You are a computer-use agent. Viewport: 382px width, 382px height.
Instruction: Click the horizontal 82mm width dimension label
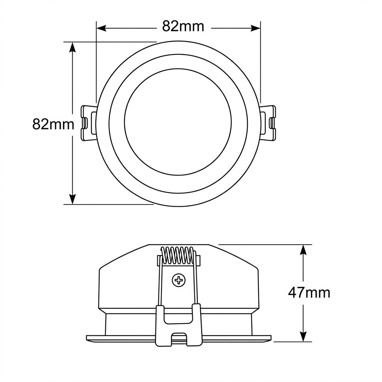click(183, 26)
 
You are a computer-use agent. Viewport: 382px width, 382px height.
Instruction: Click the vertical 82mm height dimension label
click(53, 124)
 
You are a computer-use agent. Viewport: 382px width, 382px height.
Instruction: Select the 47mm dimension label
click(309, 293)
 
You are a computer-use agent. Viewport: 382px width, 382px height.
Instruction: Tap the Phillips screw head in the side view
click(179, 280)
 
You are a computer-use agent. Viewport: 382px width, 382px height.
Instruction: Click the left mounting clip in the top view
click(88, 123)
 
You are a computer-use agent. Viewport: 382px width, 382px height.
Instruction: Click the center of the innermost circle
click(178, 122)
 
